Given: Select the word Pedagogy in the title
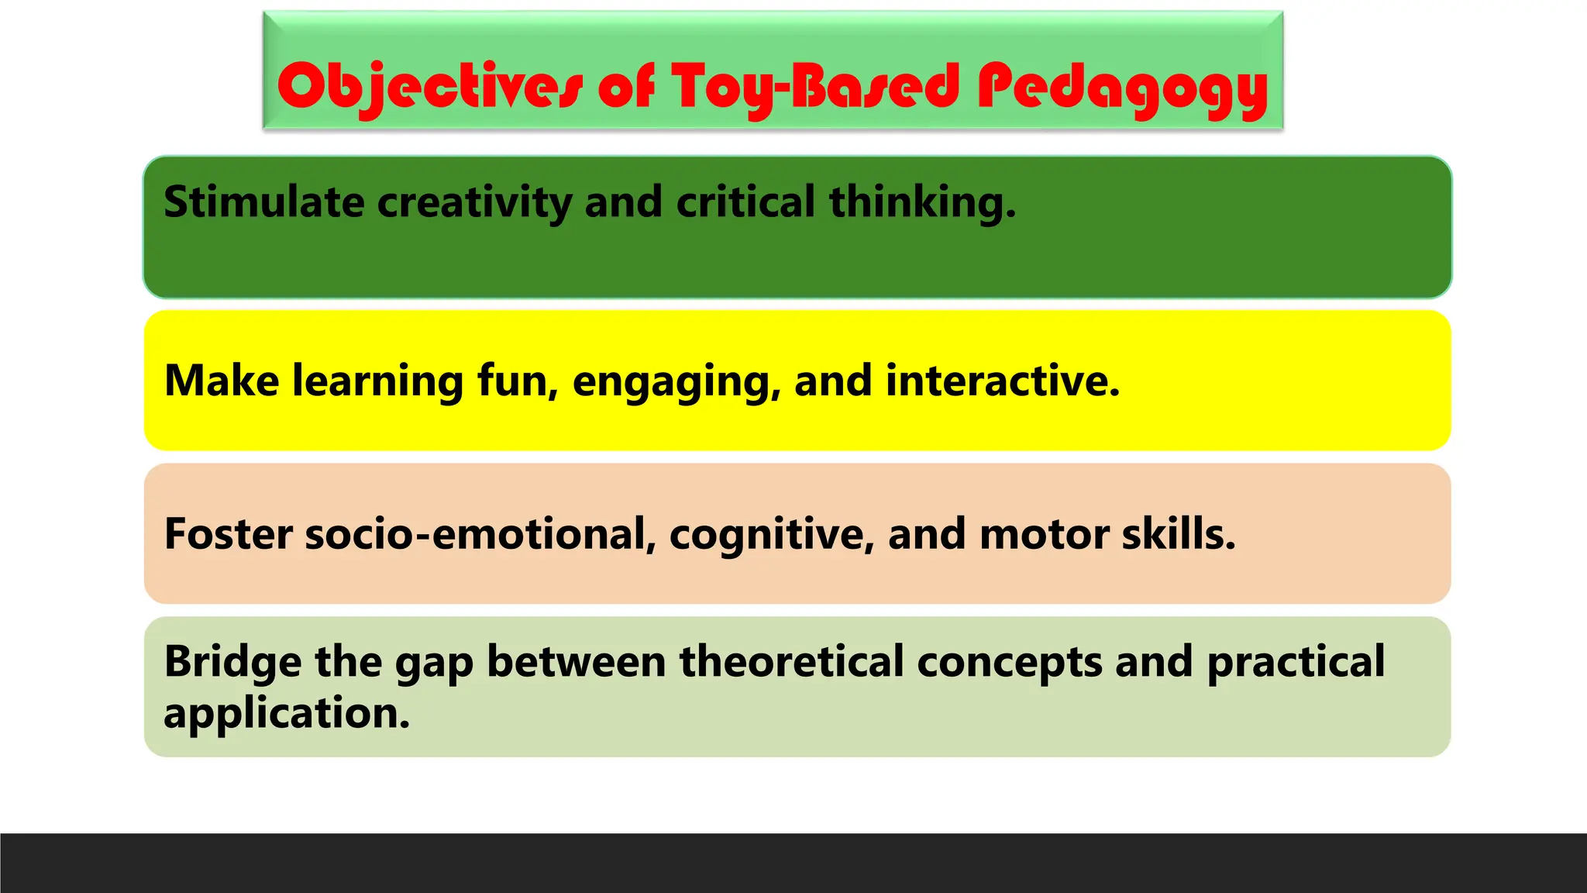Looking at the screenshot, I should point(1121,87).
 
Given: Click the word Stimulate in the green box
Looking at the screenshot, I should point(263,202).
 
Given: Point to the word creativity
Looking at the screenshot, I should point(473,202).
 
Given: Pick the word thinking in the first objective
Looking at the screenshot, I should point(921,202).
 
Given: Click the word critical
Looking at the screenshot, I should point(745,202).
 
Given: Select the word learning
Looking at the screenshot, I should point(377,382).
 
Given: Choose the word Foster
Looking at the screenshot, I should point(229,534).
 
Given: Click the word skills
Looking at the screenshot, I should point(1179,534).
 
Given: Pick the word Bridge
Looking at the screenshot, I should point(232,662).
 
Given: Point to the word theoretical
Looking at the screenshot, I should point(791,662).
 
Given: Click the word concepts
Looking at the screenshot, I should point(1009,664).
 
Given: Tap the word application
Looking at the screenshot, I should point(287,713).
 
